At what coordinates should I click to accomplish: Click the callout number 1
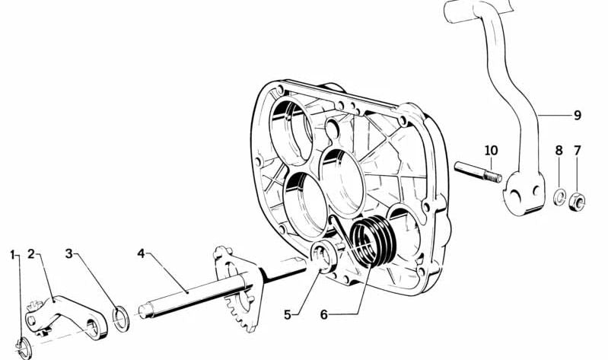pyautogui.click(x=13, y=255)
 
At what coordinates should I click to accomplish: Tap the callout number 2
pyautogui.click(x=31, y=254)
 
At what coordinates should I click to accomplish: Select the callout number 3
pyautogui.click(x=69, y=254)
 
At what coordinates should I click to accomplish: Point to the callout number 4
pyautogui.click(x=141, y=253)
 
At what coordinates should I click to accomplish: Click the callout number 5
pyautogui.click(x=288, y=314)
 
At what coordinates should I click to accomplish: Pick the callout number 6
pyautogui.click(x=324, y=314)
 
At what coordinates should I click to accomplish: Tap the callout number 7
pyautogui.click(x=578, y=151)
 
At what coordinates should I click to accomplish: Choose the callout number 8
pyautogui.click(x=559, y=151)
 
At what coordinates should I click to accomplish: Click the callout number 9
pyautogui.click(x=578, y=115)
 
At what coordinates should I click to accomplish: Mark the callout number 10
pyautogui.click(x=491, y=151)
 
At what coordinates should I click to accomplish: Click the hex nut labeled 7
pyautogui.click(x=577, y=202)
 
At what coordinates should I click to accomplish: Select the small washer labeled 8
pyautogui.click(x=559, y=198)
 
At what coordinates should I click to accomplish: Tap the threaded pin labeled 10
pyautogui.click(x=478, y=172)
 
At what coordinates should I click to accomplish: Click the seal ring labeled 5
pyautogui.click(x=325, y=256)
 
